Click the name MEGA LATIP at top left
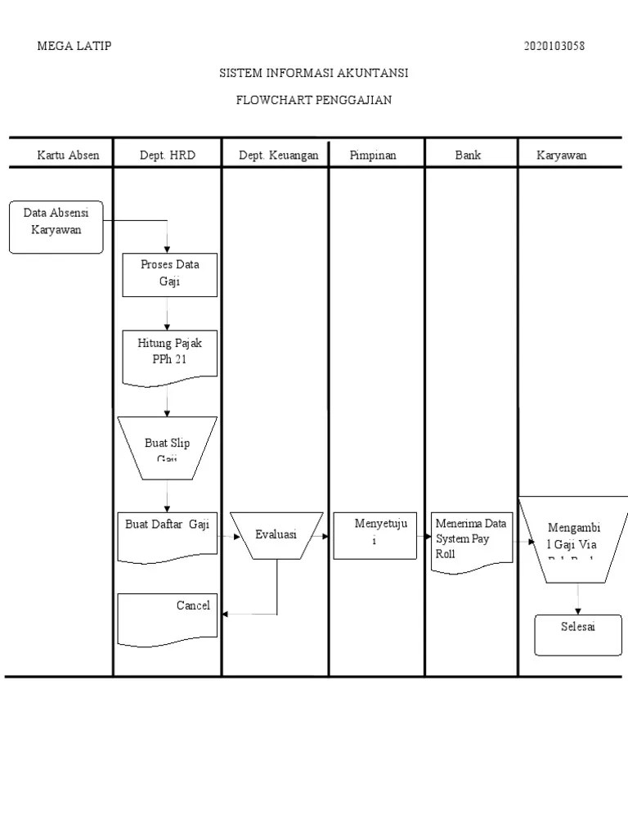tap(74, 46)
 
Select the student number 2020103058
tap(554, 46)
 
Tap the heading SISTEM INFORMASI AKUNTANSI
tap(314, 73)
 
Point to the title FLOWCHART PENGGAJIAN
tap(314, 101)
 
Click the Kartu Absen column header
tap(68, 155)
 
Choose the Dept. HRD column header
tap(168, 155)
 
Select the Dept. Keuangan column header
tap(278, 155)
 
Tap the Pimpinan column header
tap(373, 155)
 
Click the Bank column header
tap(469, 155)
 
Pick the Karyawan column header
tap(562, 155)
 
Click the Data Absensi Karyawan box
tap(56, 226)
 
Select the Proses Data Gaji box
tap(169, 274)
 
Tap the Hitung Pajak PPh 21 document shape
tap(169, 354)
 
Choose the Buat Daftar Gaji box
tap(168, 536)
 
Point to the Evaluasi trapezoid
tap(276, 535)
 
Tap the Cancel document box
tap(168, 618)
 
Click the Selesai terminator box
tap(578, 635)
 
